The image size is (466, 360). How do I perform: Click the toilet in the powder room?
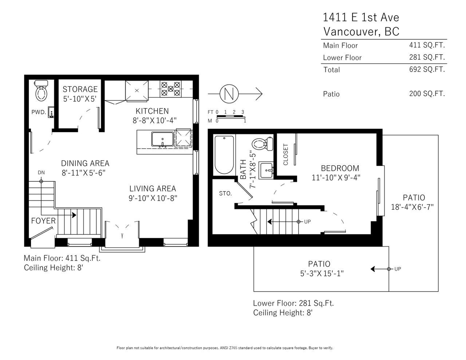point(41,91)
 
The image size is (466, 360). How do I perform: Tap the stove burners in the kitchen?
point(170,89)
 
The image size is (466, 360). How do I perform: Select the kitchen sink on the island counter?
point(162,139)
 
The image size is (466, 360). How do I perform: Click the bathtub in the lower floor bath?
point(224,155)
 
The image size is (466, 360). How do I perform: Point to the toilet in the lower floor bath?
point(262,144)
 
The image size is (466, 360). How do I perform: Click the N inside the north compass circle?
point(229,94)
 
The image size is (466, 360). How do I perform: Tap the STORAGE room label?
point(80,89)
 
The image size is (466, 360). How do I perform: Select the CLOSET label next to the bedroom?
point(286,154)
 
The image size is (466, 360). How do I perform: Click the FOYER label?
point(43,221)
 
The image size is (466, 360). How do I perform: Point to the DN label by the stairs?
point(41,173)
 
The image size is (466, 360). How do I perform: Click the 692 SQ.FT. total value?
point(427,69)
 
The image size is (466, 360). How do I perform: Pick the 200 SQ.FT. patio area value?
point(427,94)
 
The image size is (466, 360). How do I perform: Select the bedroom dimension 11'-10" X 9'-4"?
point(336,178)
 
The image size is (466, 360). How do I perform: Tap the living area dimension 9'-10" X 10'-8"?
point(153,198)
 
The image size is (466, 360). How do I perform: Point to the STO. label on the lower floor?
point(225,193)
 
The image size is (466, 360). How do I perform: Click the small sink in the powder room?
point(51,112)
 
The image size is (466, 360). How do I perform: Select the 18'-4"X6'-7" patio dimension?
point(412,207)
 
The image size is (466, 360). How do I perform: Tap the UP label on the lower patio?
point(398,269)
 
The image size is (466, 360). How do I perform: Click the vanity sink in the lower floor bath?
point(266,170)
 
